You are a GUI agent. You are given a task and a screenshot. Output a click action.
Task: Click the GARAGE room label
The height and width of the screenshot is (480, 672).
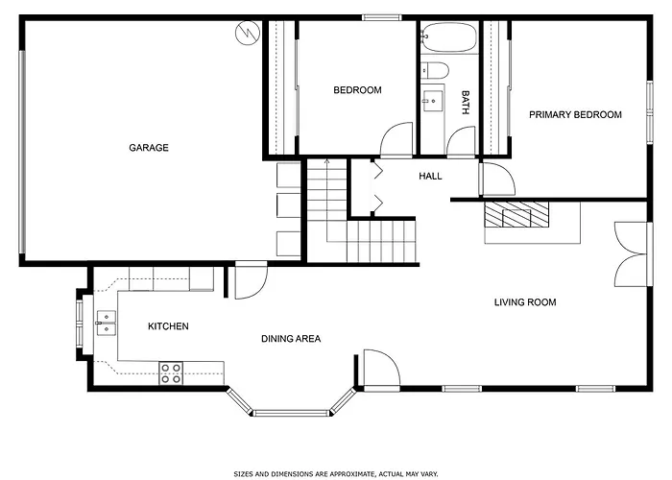coord(149,148)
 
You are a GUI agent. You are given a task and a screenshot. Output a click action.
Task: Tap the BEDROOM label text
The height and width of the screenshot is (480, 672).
coord(357,90)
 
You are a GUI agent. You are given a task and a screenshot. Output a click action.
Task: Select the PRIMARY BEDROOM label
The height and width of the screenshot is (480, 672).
coord(575,115)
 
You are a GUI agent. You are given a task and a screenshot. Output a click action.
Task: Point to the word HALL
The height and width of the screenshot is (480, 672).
coord(430,176)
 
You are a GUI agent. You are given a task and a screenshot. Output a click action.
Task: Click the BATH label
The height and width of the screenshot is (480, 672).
coord(466,103)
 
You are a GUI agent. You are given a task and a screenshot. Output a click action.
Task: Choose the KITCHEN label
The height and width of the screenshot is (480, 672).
coord(168,326)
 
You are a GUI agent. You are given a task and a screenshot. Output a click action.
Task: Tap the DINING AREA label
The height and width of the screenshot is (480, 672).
coord(291,339)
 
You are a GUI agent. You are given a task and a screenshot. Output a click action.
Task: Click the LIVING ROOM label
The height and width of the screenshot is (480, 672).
coord(525,302)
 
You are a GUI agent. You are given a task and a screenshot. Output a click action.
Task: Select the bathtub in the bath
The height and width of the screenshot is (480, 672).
coord(448,36)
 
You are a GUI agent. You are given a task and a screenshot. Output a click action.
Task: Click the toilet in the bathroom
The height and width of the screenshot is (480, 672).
coord(434,70)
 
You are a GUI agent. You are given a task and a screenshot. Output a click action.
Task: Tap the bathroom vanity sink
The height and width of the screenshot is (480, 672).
coord(432,101)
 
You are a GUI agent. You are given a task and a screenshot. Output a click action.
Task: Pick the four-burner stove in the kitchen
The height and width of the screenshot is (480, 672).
coord(171,372)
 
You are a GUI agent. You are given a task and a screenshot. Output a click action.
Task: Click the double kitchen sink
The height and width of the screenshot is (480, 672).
coord(106,324)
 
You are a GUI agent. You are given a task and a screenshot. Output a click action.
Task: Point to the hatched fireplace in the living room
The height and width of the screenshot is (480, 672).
coord(516,214)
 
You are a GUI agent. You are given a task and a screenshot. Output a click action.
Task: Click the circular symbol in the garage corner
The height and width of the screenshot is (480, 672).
coord(248,33)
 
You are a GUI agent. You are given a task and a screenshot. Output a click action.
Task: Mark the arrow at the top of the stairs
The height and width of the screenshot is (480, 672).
coord(327,162)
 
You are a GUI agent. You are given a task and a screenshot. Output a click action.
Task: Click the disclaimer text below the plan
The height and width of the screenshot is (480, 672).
coord(336,474)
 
